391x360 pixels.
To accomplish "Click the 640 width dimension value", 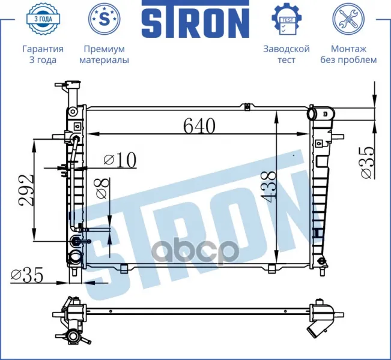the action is click(199, 126).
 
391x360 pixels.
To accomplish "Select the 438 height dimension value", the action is click(268, 185).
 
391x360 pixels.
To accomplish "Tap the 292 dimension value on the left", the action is click(25, 190).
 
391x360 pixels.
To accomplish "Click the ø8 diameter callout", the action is click(103, 188).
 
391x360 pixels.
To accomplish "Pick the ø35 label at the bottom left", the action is click(26, 275).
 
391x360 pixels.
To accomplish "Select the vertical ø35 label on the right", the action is click(368, 163).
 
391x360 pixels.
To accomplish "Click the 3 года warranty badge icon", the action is click(43, 19).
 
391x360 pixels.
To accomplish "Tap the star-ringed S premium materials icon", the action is click(105, 19).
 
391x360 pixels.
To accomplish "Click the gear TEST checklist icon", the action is click(286, 19).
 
